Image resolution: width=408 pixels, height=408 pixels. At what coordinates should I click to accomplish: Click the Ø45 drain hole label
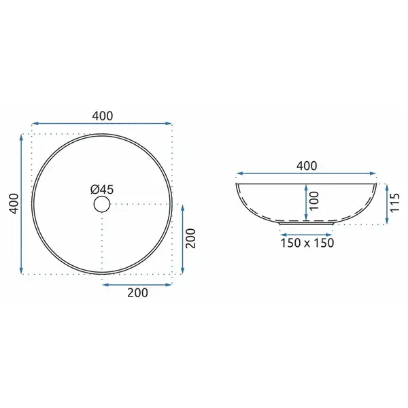tap(102, 190)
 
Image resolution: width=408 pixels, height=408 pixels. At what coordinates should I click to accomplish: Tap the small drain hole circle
tap(102, 204)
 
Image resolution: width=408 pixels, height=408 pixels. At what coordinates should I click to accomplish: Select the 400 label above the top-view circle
tap(103, 116)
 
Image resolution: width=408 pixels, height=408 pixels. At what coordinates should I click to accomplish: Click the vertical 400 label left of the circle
tap(14, 204)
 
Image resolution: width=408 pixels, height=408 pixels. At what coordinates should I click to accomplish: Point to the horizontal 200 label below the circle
tap(137, 292)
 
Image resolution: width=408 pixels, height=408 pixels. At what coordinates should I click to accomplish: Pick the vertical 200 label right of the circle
tap(190, 239)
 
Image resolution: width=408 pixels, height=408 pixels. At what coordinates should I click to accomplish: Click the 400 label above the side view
tap(307, 166)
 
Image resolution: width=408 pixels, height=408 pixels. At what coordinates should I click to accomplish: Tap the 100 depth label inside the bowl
tap(314, 201)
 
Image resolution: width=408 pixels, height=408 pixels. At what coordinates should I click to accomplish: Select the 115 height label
tap(394, 203)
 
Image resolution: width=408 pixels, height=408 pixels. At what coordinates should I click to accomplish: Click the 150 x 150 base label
tap(307, 243)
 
